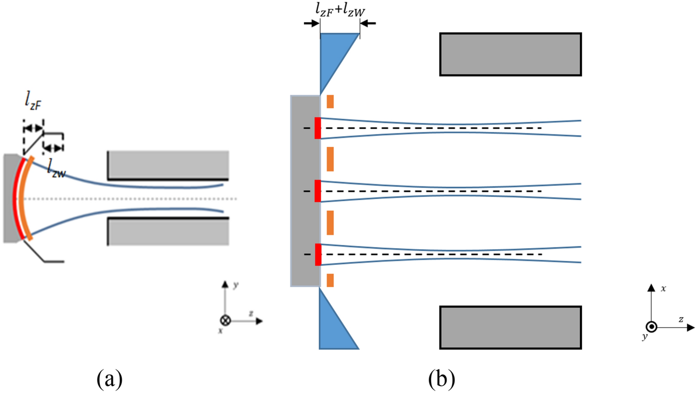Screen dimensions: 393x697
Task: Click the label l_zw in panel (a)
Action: (x=56, y=168)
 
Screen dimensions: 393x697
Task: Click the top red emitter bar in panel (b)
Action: (x=318, y=128)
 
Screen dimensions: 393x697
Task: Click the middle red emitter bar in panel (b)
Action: (x=318, y=191)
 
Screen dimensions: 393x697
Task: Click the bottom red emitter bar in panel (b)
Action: (x=318, y=254)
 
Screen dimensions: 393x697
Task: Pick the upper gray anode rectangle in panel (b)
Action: (x=511, y=54)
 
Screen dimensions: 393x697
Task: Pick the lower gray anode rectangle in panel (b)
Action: (x=511, y=328)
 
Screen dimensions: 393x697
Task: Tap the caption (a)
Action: (x=110, y=379)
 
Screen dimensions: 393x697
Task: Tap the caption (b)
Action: (x=441, y=379)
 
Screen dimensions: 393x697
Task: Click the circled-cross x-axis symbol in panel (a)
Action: (x=226, y=320)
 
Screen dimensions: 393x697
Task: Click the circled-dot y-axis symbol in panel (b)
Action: (x=651, y=327)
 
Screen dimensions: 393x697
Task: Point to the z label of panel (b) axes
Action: (x=681, y=319)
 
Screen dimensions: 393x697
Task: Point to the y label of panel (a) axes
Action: (x=235, y=285)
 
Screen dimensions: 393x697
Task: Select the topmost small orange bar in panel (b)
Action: (x=330, y=102)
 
